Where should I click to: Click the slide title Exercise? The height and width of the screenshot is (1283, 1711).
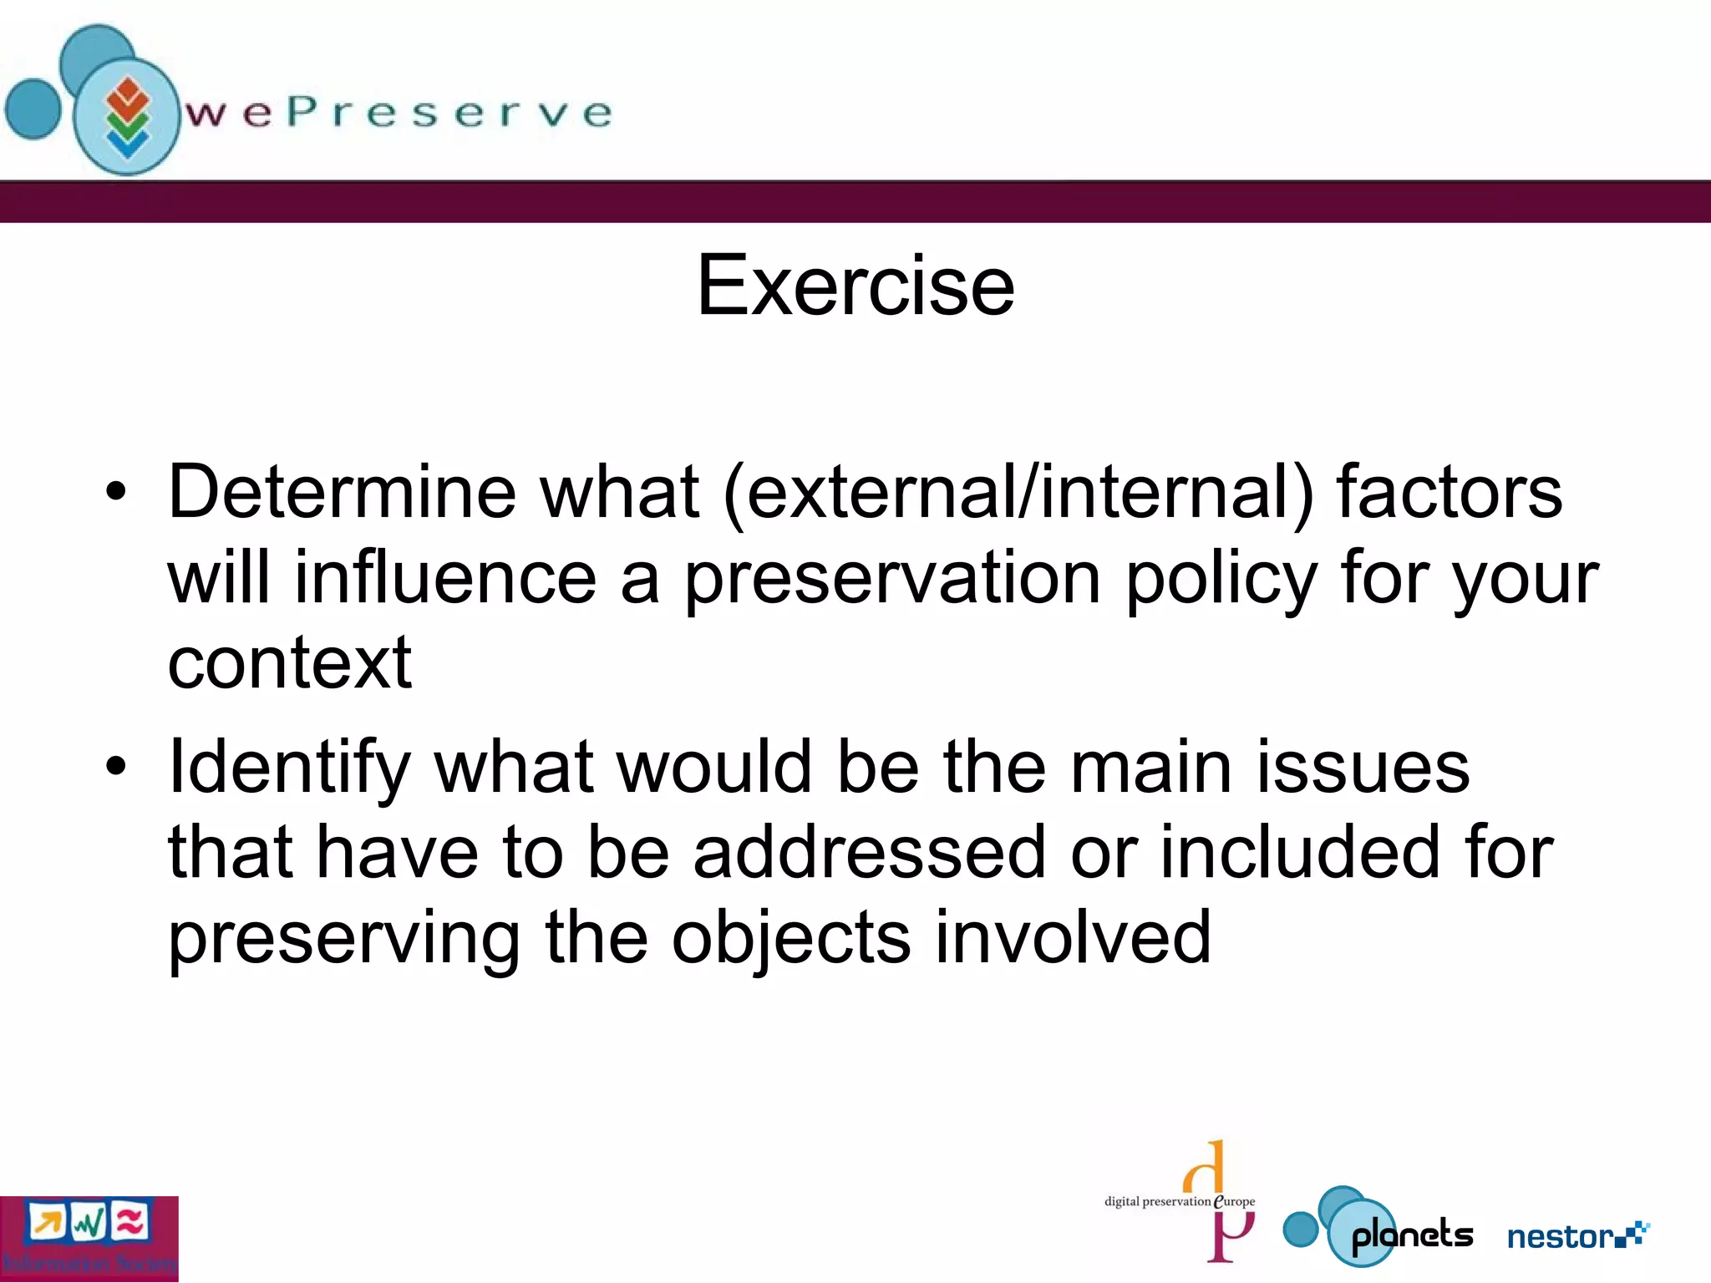(855, 286)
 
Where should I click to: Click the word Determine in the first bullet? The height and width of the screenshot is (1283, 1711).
(341, 493)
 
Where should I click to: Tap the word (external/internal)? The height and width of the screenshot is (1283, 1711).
(1018, 493)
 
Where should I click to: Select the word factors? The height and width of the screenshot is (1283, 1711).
(1449, 493)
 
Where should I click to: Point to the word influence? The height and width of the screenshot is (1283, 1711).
(444, 578)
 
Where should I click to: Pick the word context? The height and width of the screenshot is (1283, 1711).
(289, 663)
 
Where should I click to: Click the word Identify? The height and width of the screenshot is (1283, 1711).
(289, 768)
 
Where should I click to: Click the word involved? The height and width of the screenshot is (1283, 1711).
(1073, 937)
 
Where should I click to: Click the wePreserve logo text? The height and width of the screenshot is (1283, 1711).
(398, 114)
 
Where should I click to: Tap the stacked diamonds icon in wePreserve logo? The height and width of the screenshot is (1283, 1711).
(127, 117)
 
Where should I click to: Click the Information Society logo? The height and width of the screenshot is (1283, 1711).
(89, 1238)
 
